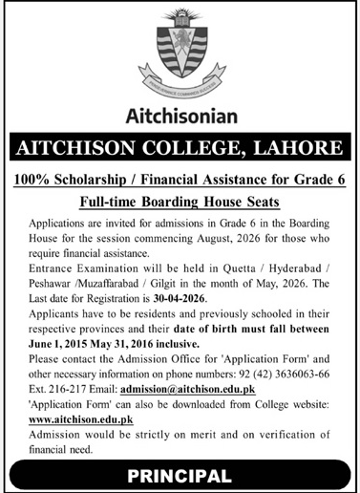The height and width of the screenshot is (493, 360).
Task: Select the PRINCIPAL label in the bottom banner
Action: (x=180, y=475)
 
